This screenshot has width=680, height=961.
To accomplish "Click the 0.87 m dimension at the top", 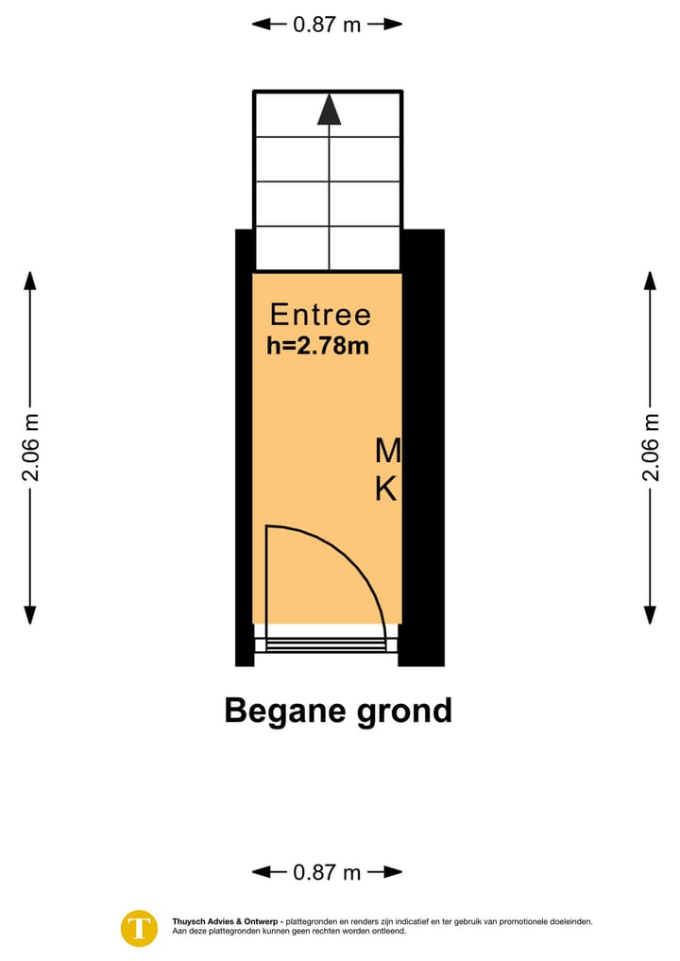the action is tap(327, 25).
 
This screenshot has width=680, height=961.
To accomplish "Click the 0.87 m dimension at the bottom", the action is tap(327, 871).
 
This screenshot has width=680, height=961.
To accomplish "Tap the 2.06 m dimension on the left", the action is tap(30, 447).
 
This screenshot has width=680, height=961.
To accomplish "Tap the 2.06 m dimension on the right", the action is tap(650, 447).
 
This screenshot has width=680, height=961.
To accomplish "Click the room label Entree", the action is tap(320, 315).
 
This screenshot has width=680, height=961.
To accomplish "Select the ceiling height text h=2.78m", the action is tap(318, 346).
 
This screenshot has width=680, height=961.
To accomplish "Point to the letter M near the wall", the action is tap(388, 451).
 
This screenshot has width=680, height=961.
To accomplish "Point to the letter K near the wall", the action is tap(386, 489).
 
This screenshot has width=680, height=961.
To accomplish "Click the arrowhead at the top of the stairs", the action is tap(329, 109).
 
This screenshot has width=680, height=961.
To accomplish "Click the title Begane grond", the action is tap(338, 711).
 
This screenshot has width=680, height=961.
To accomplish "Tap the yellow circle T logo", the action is tap(139, 928).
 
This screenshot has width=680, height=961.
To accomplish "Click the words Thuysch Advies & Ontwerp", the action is tap(226, 921).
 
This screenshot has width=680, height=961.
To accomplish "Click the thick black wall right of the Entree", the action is tap(422, 447).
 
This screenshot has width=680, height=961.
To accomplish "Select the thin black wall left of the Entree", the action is tap(245, 447).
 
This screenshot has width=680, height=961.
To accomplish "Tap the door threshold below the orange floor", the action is tap(326, 638).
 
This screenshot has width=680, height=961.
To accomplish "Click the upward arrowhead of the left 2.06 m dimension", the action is tap(30, 280).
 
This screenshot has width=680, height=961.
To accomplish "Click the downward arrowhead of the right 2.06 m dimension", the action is tap(650, 615).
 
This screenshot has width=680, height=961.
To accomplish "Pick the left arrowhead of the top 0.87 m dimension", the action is tap(261, 25).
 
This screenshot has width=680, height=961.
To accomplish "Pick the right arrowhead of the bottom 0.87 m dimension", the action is tap(393, 871).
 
